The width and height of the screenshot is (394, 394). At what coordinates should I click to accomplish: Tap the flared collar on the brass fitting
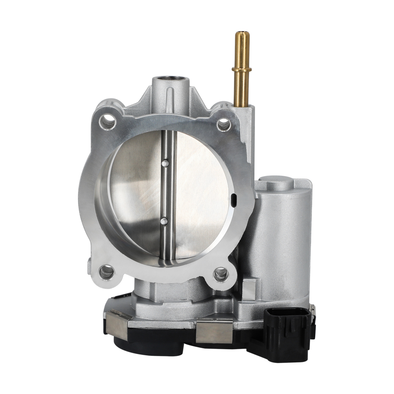(241, 70)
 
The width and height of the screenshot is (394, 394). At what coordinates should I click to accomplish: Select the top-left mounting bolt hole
(108, 122)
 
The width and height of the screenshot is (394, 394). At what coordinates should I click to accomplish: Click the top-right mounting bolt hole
(223, 125)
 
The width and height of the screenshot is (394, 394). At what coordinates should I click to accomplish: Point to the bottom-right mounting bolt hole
(220, 273)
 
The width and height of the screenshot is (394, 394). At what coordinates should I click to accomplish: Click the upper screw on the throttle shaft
(165, 162)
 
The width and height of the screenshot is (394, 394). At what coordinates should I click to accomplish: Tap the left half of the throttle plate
(136, 193)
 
